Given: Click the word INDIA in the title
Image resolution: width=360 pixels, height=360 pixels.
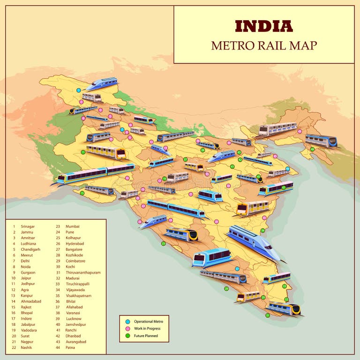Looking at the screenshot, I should [264, 26].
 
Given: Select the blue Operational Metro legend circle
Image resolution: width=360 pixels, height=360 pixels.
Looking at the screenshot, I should [127, 322].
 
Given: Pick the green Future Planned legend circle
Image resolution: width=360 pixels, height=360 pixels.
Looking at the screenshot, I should [127, 336].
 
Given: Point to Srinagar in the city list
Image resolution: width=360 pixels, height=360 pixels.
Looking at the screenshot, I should [28, 226].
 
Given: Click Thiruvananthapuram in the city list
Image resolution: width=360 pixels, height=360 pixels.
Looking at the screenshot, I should [83, 272].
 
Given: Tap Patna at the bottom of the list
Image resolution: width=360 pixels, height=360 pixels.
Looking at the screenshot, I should [70, 347].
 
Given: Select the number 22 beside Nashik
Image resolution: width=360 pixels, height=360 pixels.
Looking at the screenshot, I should [14, 347].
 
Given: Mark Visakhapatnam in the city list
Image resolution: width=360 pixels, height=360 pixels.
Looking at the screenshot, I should [78, 296].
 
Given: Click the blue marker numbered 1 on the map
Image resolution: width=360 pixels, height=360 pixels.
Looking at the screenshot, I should [79, 90].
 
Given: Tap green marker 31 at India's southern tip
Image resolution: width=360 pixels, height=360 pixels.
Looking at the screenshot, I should [268, 315].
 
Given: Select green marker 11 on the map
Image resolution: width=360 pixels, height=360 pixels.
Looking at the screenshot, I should [83, 152].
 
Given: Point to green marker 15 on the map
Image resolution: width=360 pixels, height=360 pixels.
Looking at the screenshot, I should [82, 193].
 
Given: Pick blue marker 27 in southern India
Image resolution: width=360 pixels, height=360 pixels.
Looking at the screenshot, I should [237, 269].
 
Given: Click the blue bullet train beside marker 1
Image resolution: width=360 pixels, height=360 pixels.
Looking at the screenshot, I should [102, 83].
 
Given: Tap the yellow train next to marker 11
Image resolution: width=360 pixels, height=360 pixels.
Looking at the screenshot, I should [106, 151].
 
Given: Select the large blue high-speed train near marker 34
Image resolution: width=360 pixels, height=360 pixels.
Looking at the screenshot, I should [254, 242].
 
